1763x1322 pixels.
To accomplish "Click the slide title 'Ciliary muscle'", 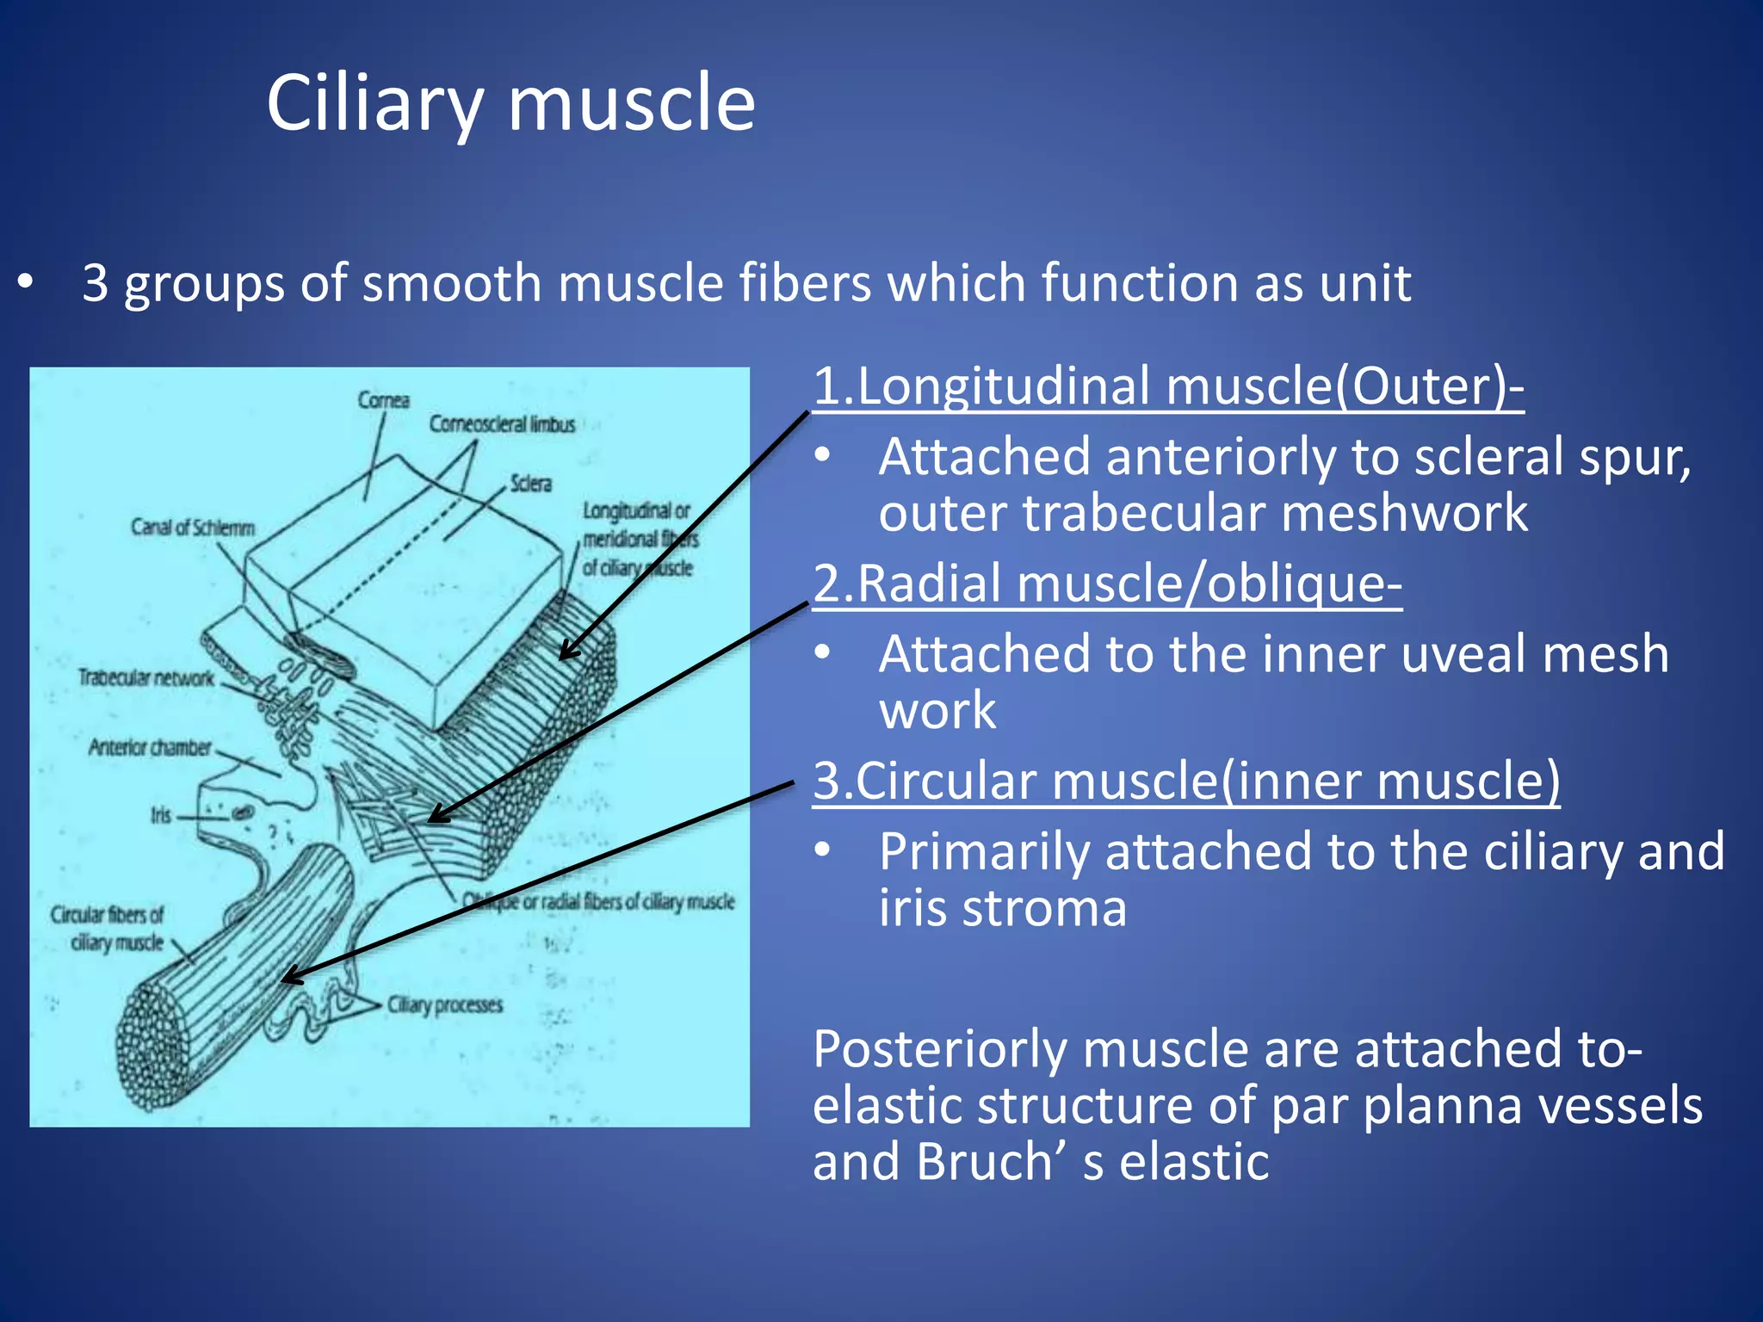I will tap(510, 103).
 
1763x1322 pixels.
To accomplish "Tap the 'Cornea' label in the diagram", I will tap(384, 400).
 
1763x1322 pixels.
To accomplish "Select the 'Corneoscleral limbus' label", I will tap(502, 424).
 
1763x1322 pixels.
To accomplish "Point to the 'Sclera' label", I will tap(530, 484).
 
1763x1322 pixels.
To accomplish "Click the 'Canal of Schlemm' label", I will tap(193, 528).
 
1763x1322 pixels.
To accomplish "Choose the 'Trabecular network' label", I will tap(145, 678).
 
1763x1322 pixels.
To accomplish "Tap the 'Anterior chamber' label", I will tap(150, 748).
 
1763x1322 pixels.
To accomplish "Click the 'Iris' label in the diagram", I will tap(161, 815).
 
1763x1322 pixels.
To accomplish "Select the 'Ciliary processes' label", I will tap(444, 1005).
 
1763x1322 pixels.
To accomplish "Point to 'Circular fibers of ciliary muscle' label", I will tap(107, 929).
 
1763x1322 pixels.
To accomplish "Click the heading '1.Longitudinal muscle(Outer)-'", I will tap(1168, 386).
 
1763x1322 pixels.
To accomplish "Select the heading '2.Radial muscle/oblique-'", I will tap(1107, 584).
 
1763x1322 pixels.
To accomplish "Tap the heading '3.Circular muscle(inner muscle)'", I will tap(1185, 781).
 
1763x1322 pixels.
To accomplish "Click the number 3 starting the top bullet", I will tap(96, 283).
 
